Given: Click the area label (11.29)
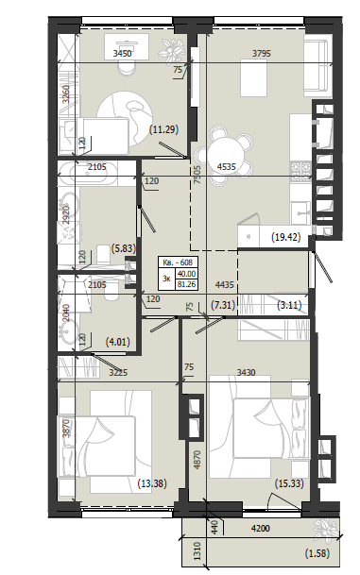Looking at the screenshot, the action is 163,129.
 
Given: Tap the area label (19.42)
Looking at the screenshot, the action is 286,237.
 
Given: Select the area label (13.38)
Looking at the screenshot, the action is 152,483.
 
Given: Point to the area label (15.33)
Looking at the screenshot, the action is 289,483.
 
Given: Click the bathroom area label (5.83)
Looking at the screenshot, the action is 123,249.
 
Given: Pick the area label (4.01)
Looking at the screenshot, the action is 118,343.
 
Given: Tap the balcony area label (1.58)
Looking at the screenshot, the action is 317,553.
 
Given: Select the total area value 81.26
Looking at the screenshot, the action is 186,284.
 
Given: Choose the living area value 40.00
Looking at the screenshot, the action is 186,275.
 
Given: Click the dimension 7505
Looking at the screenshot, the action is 197,174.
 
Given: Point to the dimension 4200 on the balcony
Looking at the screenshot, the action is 260,529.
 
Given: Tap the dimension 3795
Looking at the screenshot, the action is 262,54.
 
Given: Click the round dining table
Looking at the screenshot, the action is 226,151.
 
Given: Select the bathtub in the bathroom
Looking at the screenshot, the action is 88,172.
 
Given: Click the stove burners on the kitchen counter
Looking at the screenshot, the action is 300,171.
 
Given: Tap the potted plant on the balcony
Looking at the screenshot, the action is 325,531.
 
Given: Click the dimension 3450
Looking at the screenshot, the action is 122,54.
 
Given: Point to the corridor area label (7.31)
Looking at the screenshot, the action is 223,305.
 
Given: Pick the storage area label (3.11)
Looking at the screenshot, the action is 289,305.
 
